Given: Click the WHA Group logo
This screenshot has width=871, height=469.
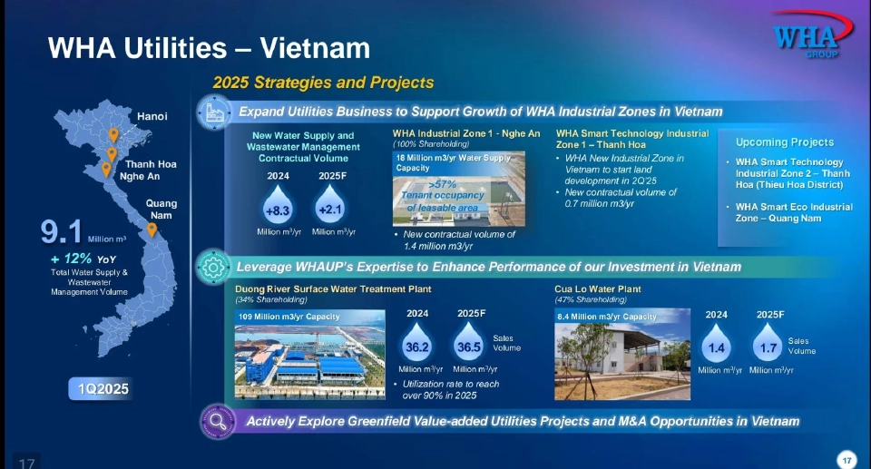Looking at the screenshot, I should pyautogui.click(x=805, y=38).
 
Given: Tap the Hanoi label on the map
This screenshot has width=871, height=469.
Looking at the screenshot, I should pyautogui.click(x=152, y=116).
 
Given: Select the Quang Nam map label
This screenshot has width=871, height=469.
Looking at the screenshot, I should pyautogui.click(x=161, y=210).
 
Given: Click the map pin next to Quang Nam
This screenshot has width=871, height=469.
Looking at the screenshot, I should pyautogui.click(x=152, y=230).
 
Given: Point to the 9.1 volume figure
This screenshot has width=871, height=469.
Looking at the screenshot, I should pyautogui.click(x=63, y=232).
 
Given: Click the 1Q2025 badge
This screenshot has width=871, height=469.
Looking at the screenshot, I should pyautogui.click(x=103, y=389).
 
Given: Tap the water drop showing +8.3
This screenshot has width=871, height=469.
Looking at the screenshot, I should pyautogui.click(x=277, y=209).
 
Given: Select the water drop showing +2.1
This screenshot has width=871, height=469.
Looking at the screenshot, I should pyautogui.click(x=328, y=209).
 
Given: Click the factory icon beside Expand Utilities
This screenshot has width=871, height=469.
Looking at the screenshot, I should pyautogui.click(x=214, y=112).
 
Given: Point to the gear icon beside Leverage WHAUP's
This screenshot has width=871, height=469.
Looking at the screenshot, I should pyautogui.click(x=214, y=268).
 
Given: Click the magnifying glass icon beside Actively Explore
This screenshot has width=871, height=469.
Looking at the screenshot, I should pyautogui.click(x=215, y=421).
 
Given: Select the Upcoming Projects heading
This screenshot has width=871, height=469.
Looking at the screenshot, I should pyautogui.click(x=784, y=142).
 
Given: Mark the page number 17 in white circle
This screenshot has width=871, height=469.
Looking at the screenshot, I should pyautogui.click(x=847, y=459).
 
